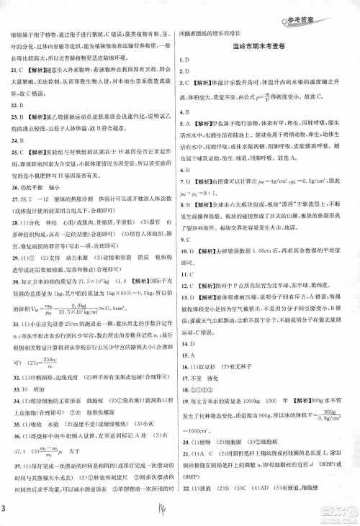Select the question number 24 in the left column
(14, 142)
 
